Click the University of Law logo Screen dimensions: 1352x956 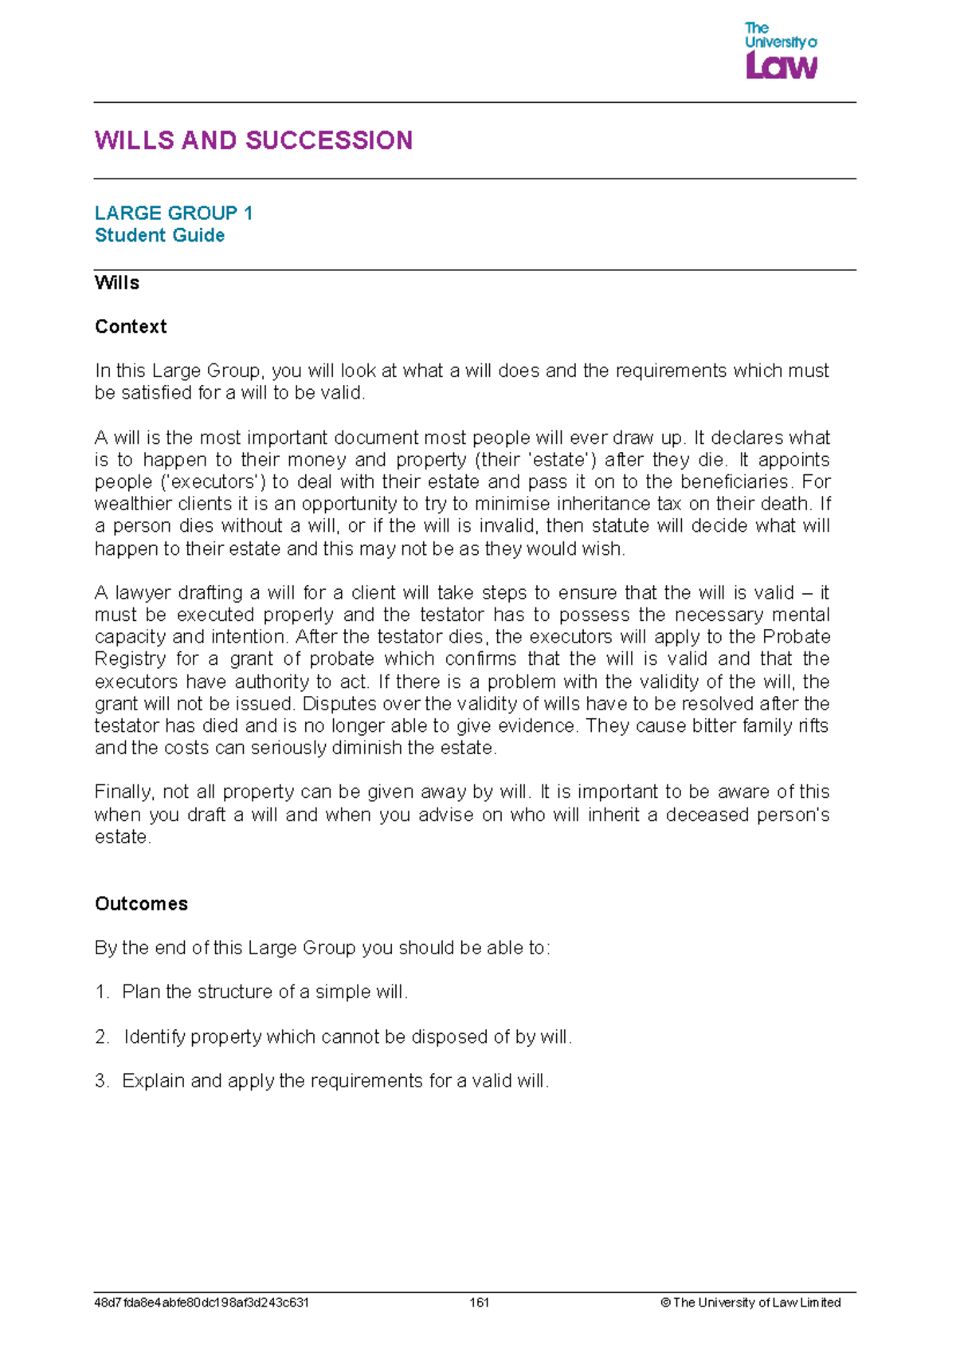tap(781, 51)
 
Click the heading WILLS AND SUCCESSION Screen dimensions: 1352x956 tap(253, 140)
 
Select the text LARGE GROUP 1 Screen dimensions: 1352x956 tap(174, 213)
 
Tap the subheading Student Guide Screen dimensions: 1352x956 tap(159, 235)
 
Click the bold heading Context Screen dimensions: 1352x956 tap(131, 327)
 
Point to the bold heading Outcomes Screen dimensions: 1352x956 tap(141, 903)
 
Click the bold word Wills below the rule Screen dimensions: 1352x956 tap(116, 283)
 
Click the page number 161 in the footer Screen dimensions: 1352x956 tap(479, 1303)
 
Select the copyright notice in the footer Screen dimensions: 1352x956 tap(750, 1303)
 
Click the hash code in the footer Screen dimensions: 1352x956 tap(202, 1303)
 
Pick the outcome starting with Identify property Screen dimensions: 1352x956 tap(347, 1036)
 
